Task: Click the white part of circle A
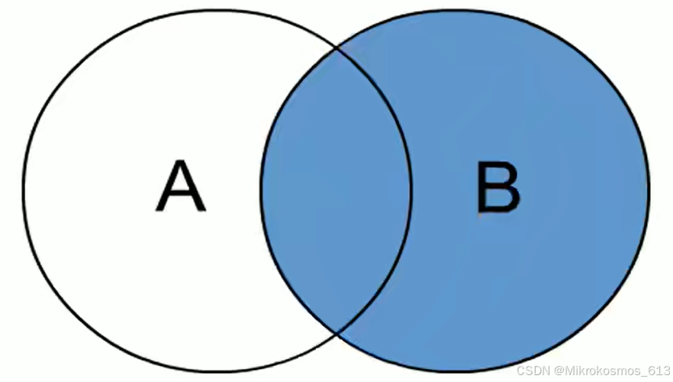pos(114,191)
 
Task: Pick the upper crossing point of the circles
pos(336,48)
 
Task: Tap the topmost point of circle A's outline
pos(217,10)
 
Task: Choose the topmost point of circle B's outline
pos(456,10)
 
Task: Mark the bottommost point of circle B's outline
pos(456,371)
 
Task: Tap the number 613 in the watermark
pos(659,371)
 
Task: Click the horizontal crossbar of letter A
pos(181,195)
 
